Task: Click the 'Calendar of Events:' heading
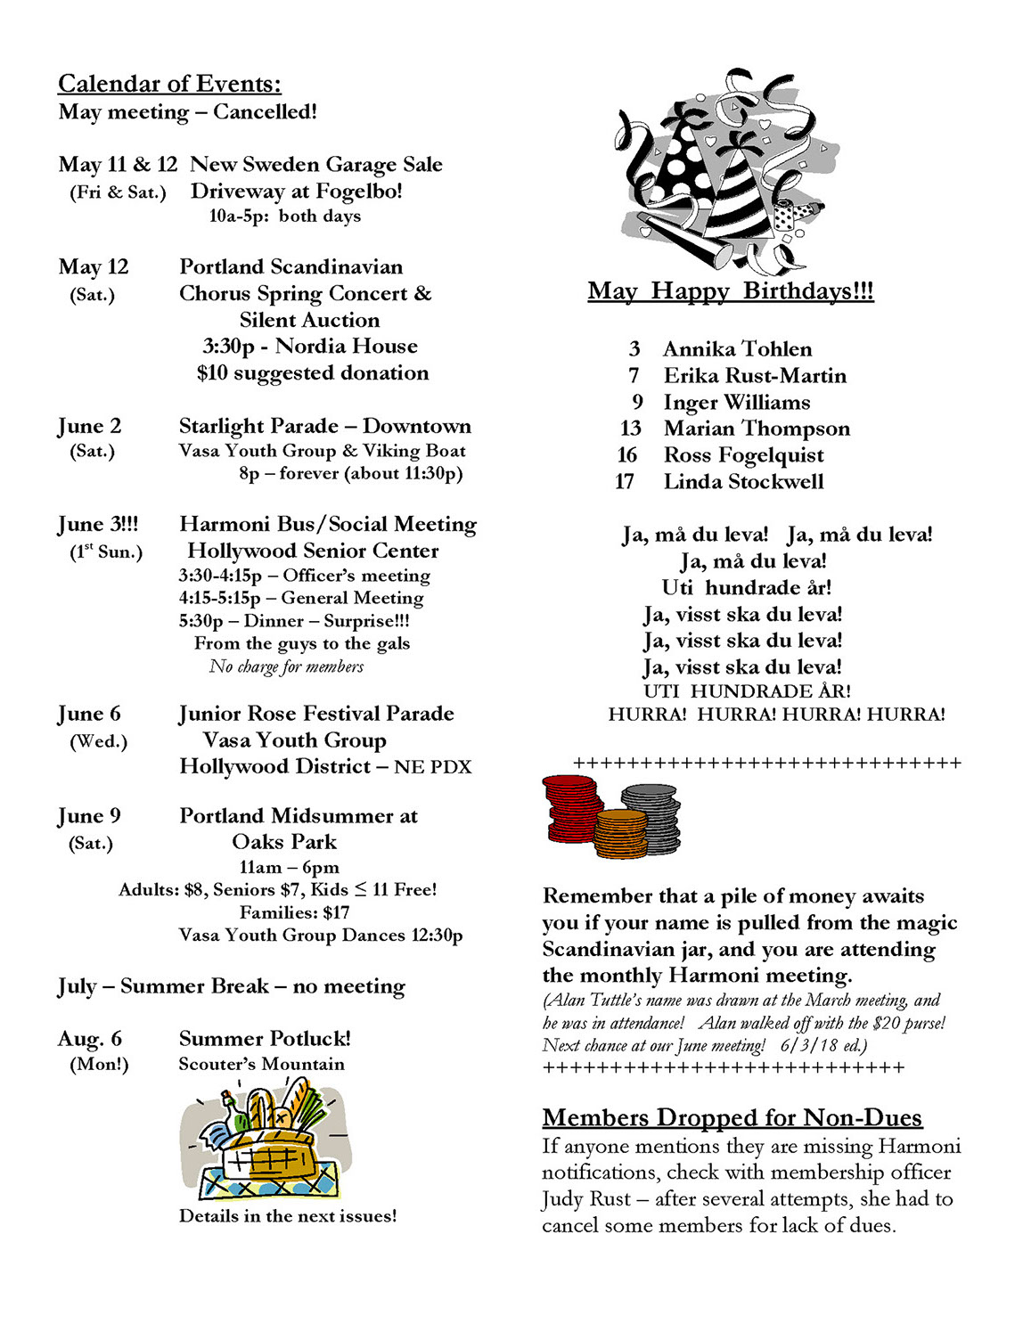(x=169, y=84)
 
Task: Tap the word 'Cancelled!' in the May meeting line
(x=265, y=112)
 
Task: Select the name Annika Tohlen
(x=737, y=349)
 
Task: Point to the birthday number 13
(x=631, y=429)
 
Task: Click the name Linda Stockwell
(x=743, y=482)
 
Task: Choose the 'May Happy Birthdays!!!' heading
(x=731, y=291)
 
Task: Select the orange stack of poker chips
(x=621, y=834)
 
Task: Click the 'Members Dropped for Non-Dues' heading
(x=732, y=1117)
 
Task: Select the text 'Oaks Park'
(x=284, y=842)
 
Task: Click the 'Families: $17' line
(x=294, y=912)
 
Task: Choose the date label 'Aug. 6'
(x=90, y=1039)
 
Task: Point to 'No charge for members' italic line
(x=286, y=666)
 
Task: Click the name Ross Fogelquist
(x=743, y=455)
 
